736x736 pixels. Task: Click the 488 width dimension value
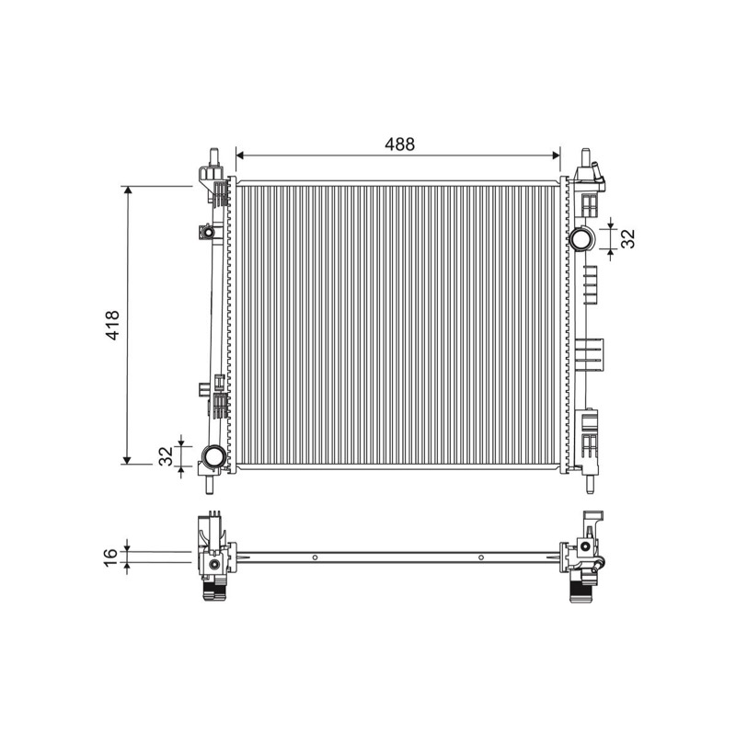[x=399, y=144]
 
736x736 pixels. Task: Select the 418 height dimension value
[x=113, y=325]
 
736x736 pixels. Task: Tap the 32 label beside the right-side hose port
[x=627, y=238]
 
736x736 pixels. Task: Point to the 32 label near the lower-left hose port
[x=166, y=455]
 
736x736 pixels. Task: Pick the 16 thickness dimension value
[x=110, y=557]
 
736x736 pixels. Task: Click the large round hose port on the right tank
[x=581, y=238]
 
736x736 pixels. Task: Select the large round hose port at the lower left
[x=213, y=455]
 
